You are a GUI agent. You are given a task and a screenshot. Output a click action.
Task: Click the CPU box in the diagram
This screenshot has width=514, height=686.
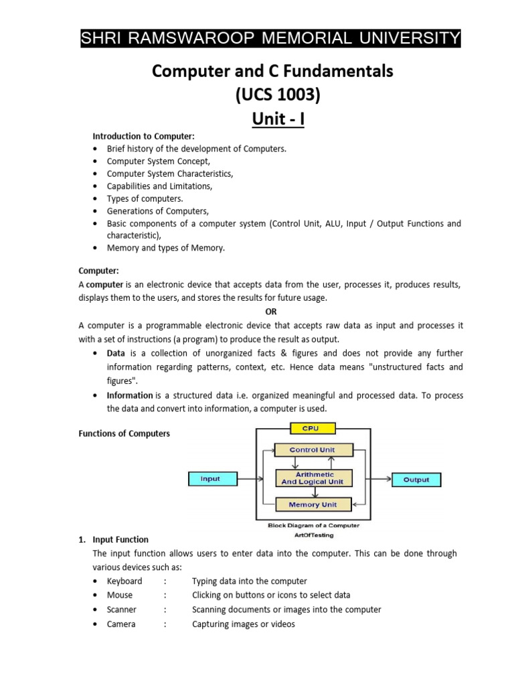(x=311, y=428)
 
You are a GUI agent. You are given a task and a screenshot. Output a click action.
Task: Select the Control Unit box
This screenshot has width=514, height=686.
(x=312, y=450)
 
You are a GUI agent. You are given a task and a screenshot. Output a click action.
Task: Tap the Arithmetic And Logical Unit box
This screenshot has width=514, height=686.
(x=312, y=478)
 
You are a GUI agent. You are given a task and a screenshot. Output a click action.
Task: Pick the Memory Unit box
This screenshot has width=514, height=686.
(x=312, y=504)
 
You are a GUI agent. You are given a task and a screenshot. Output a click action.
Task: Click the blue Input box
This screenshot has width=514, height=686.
(x=210, y=479)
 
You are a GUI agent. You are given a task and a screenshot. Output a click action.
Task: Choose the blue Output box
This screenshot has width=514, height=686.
(x=416, y=480)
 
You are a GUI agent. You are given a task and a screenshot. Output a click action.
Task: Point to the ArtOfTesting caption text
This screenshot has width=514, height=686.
(x=313, y=535)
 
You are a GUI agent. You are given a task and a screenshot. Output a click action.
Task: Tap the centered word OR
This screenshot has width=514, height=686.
(x=270, y=312)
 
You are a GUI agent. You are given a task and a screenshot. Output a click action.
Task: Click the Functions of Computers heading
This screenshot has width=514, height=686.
(x=124, y=433)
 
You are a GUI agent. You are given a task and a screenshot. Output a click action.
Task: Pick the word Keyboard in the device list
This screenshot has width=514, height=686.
(x=124, y=581)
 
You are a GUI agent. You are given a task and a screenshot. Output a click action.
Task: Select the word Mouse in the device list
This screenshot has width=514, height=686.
(x=120, y=595)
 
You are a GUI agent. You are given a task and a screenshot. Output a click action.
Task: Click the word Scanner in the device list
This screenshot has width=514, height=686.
(x=122, y=610)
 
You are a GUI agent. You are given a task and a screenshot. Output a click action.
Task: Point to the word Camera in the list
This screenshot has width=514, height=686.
(x=121, y=624)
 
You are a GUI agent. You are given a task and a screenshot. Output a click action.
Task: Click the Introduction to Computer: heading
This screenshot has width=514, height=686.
(x=143, y=137)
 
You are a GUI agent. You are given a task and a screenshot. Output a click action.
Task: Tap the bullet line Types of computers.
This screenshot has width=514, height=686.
(x=145, y=198)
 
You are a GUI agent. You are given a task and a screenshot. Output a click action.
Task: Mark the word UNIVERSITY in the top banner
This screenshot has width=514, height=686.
(x=412, y=38)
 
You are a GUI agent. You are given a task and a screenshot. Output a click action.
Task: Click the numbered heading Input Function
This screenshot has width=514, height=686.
(x=120, y=539)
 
